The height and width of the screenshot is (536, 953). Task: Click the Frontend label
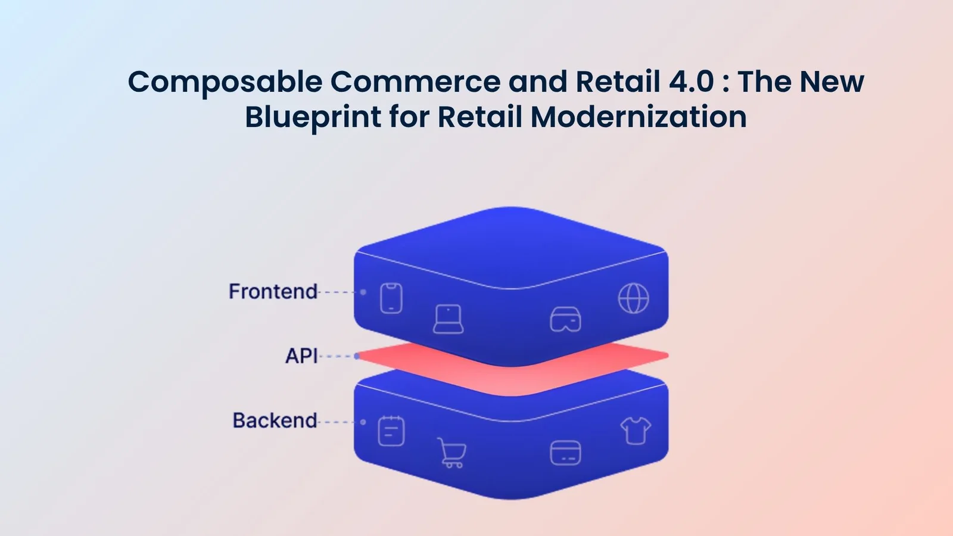pos(273,291)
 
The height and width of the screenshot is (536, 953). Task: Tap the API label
pos(301,356)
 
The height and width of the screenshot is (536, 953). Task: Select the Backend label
pos(275,420)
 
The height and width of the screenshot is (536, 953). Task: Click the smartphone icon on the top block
pos(391,298)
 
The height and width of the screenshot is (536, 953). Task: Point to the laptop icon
pos(448,319)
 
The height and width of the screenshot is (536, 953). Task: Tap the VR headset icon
pos(565,319)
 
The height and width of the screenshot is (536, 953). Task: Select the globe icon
pos(633,298)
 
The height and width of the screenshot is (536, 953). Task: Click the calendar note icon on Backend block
pos(391,431)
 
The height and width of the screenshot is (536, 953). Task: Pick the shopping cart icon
pos(451,453)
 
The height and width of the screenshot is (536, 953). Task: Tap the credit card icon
pos(565,453)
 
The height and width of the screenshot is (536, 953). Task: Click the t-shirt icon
pos(636,430)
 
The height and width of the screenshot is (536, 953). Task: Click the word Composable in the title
pos(225,82)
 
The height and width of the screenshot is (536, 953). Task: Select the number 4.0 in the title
pos(691,82)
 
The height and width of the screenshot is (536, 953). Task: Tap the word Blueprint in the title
pos(313,117)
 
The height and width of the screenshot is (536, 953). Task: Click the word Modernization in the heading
pos(638,117)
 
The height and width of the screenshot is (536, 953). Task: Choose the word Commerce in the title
pos(415,82)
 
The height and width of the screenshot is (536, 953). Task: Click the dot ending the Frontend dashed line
pos(363,292)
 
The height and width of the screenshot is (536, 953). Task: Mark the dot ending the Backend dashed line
pos(363,422)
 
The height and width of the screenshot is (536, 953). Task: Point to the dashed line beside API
pos(337,356)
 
